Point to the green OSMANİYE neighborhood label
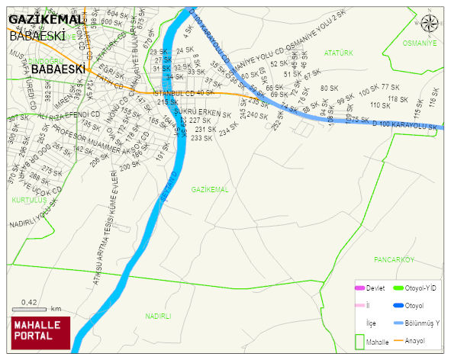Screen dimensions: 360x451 point(420,43)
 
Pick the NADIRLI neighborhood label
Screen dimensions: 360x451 point(158,315)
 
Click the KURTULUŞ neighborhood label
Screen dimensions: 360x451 point(29,200)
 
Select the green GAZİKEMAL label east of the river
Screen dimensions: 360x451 point(210,189)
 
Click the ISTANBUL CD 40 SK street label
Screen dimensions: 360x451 point(184,92)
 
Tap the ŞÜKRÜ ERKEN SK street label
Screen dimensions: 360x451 point(202,112)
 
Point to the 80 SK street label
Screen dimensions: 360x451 point(329,88)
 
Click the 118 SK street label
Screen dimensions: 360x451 point(398,99)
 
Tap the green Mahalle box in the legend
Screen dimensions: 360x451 point(359,341)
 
